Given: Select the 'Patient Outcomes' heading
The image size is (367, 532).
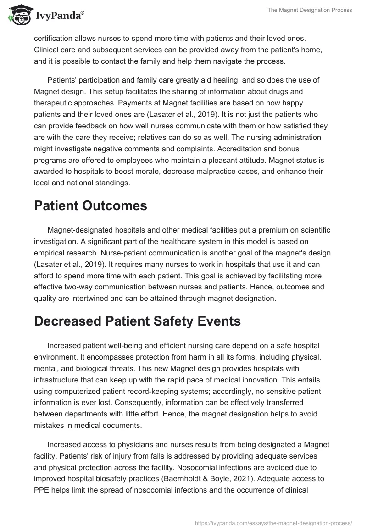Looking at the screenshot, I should point(90,205).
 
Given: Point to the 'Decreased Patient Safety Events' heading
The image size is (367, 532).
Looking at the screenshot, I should point(137,321).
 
